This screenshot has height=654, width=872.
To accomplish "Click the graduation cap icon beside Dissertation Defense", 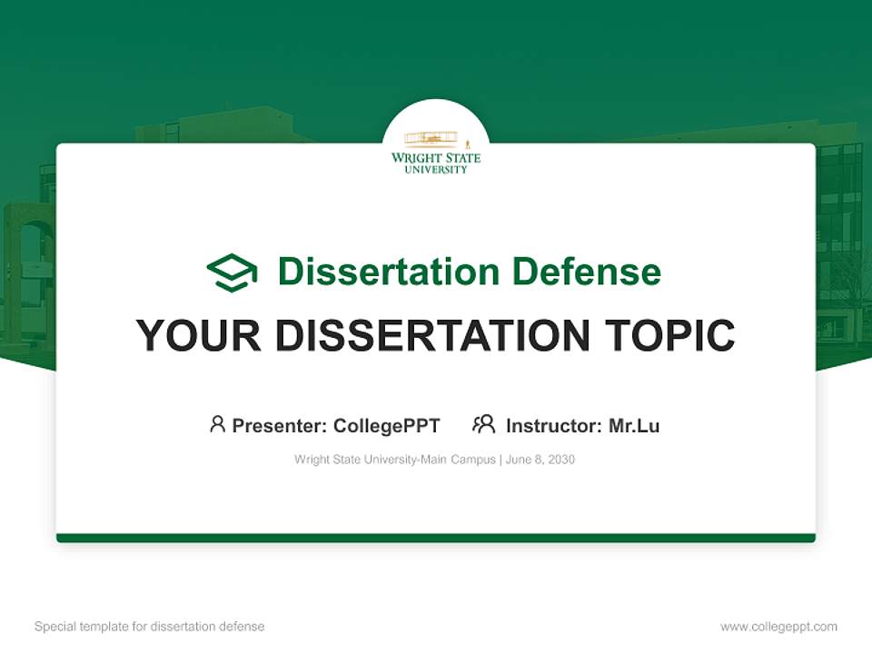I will pyautogui.click(x=232, y=272).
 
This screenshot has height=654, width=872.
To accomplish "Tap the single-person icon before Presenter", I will pyautogui.click(x=217, y=424).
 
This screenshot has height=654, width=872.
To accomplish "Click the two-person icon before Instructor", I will pyautogui.click(x=483, y=424).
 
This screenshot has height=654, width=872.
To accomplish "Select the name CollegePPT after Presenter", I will pyautogui.click(x=386, y=426).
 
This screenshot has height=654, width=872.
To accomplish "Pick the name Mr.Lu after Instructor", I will pyautogui.click(x=634, y=426).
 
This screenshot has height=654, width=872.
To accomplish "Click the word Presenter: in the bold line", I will pyautogui.click(x=280, y=426).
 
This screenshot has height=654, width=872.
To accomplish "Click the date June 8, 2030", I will pyautogui.click(x=540, y=460).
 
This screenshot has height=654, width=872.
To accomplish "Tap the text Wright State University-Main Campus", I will pyautogui.click(x=394, y=460).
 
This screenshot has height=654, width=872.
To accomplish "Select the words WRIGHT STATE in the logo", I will pyautogui.click(x=436, y=158).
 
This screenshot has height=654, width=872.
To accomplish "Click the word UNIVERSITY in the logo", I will pyautogui.click(x=436, y=169).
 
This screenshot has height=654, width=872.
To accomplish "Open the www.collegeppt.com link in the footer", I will pyautogui.click(x=778, y=627).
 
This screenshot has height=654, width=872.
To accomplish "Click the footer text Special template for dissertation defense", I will pyautogui.click(x=150, y=627).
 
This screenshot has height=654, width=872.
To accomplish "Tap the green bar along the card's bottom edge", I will pyautogui.click(x=436, y=538).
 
